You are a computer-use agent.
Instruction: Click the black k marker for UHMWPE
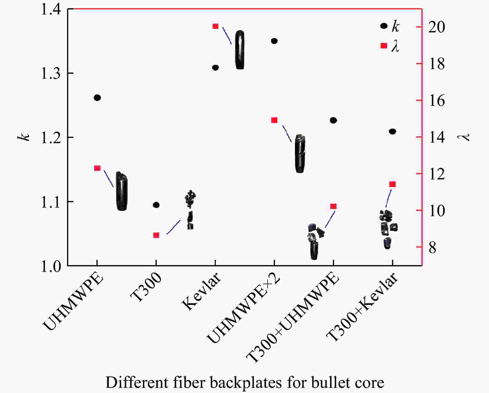(97, 98)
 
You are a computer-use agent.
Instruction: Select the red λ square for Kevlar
(216, 26)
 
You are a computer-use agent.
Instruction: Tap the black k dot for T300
(156, 205)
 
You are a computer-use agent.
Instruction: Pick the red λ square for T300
(156, 235)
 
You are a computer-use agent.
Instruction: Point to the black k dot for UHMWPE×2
(274, 41)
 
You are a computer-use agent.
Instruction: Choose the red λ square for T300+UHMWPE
(334, 206)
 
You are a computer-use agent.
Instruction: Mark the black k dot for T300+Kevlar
(392, 132)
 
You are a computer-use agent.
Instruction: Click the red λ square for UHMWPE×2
(274, 120)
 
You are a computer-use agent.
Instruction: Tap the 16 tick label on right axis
(437, 101)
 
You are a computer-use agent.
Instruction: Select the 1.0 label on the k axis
(50, 266)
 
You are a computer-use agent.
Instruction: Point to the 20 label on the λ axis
(437, 27)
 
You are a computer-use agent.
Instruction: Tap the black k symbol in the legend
(384, 26)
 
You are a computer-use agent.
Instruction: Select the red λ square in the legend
(384, 46)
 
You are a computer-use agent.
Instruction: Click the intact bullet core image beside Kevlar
(240, 50)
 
